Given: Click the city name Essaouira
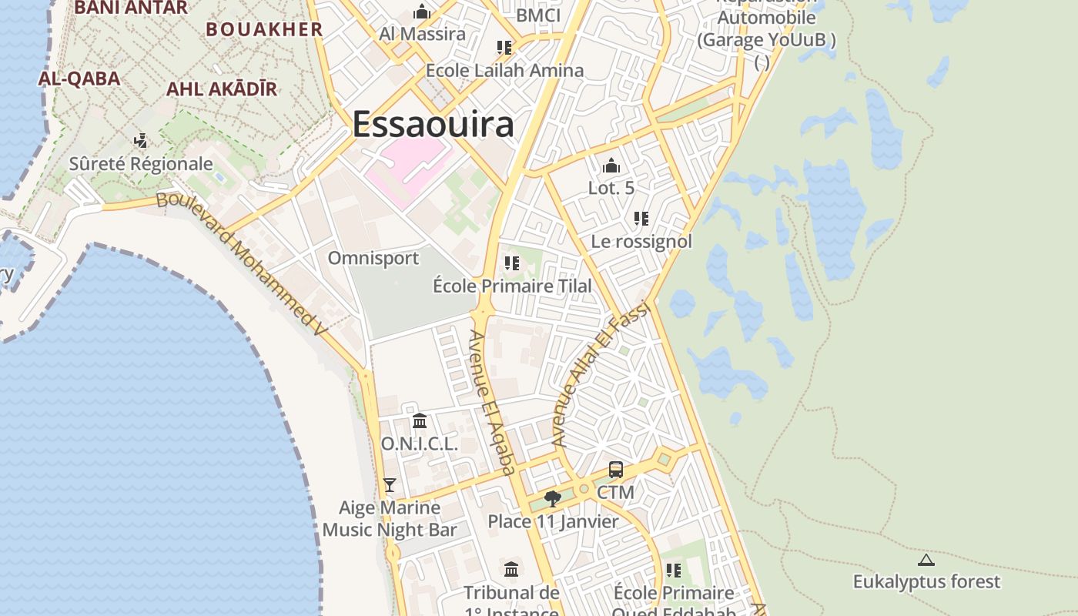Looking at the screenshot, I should coord(433,125).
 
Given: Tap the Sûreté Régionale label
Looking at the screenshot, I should coord(141,164).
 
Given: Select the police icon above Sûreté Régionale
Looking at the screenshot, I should coord(140,141).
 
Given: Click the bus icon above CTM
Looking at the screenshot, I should coord(616,470).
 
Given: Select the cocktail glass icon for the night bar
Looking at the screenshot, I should coord(390,485).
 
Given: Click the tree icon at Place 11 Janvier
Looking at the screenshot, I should coord(552,499).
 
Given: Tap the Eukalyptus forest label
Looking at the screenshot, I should coord(926,582).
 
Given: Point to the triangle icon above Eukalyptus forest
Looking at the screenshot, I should coord(926,561).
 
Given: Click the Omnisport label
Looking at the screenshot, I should coord(373,258).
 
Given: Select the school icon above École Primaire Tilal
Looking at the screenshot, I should coord(512,263).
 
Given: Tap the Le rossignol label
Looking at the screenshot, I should coord(641,242).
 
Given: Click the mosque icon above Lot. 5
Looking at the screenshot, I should coord(611,166).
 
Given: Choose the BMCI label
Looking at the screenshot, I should coord(538,15).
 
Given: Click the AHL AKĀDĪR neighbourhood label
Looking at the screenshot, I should coord(222,89).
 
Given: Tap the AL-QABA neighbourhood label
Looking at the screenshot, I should coord(79,79).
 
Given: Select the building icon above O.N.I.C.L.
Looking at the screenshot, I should coord(420,421).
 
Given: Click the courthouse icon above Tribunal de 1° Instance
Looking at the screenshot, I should coord(511,570).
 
